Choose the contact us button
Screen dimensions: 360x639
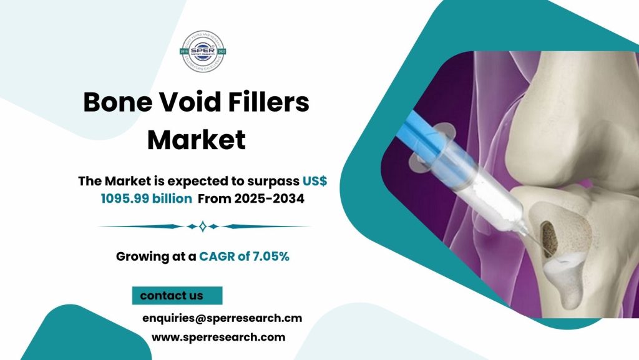(177, 295)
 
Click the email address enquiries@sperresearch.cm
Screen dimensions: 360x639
(222, 318)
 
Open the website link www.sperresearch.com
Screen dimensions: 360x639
(218, 337)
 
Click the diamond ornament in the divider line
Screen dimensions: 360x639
(202, 226)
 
